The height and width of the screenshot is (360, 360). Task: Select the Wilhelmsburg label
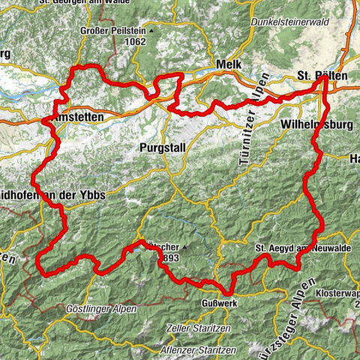coord(318,121)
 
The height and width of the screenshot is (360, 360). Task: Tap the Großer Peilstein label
coord(112,31)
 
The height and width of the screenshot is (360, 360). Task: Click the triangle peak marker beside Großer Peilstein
coord(151,31)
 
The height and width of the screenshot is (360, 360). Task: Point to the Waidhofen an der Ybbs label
coord(52,195)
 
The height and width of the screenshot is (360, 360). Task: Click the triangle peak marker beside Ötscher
coord(182,246)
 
